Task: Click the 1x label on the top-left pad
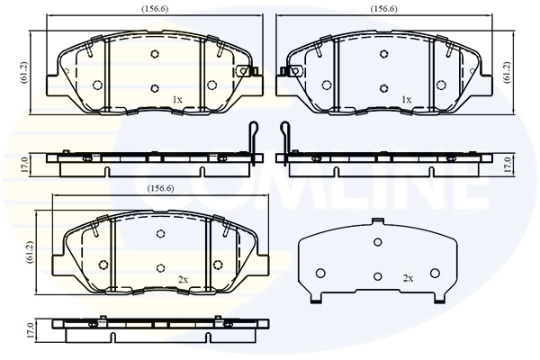tap(177, 99)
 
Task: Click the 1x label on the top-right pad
tap(406, 99)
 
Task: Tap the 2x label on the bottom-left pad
tap(183, 280)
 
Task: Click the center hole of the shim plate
tap(378, 275)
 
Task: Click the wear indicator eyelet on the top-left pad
tap(241, 71)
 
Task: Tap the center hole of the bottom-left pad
tap(159, 267)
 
